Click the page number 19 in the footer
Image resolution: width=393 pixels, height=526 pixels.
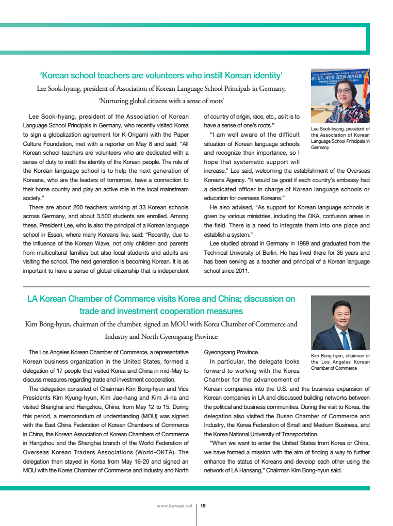203,506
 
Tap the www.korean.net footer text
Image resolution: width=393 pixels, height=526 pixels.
174,506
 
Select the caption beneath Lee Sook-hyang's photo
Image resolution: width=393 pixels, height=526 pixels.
340,138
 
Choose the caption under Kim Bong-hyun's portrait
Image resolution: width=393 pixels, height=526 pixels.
340,361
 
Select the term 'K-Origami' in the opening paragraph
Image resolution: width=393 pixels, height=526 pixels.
123,135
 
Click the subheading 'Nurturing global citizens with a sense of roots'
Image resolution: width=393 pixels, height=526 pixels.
160,101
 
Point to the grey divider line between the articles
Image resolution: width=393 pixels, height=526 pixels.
196,286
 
